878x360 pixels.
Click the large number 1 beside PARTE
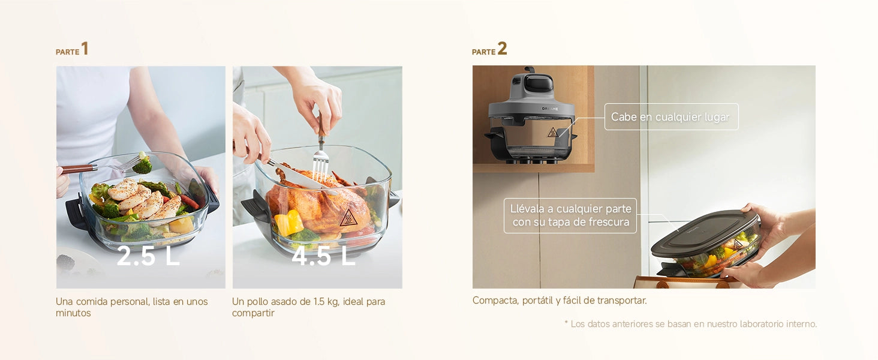(85, 49)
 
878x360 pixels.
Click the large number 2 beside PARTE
(502, 49)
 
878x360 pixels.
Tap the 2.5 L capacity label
(148, 256)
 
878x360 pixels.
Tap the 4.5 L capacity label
(323, 256)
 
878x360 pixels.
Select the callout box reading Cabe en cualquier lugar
(672, 117)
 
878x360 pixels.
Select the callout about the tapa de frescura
(570, 215)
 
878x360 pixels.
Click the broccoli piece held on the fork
(143, 164)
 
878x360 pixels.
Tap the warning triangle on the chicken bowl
(348, 218)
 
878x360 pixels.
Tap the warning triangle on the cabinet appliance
(552, 132)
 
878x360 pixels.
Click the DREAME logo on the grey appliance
(550, 109)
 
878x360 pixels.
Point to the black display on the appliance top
(538, 83)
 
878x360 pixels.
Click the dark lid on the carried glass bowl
(705, 233)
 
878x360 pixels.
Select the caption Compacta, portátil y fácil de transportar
(560, 301)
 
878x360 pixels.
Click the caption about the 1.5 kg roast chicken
(308, 307)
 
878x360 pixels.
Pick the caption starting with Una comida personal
(132, 307)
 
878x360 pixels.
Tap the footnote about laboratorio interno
(691, 324)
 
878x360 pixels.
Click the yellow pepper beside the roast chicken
(289, 223)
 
